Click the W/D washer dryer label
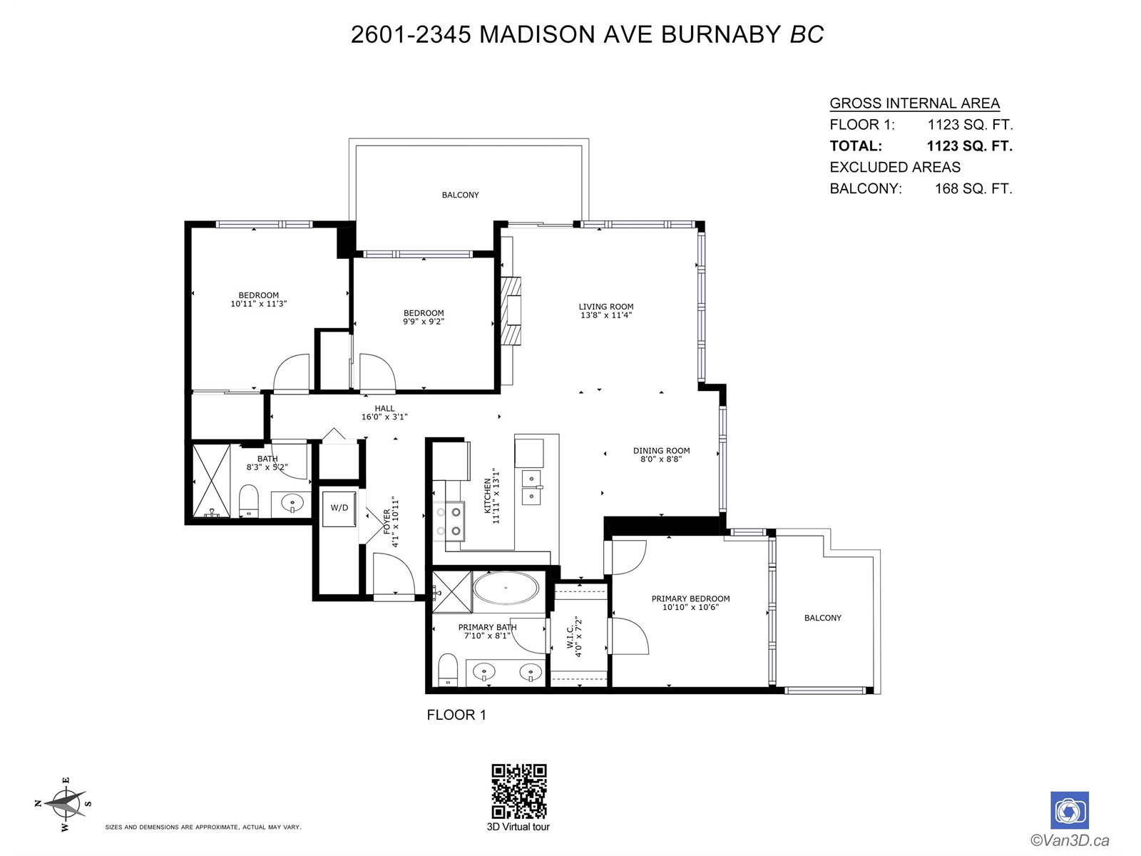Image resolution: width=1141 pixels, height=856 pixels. (339, 508)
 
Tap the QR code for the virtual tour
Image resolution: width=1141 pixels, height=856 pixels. (518, 792)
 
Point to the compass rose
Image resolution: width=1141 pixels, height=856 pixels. (65, 805)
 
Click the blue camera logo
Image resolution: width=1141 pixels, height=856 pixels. (1069, 810)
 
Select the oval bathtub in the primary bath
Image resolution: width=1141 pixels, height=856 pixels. (506, 588)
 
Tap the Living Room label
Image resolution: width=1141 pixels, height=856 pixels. (606, 307)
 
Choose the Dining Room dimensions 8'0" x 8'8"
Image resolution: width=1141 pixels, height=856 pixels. (660, 459)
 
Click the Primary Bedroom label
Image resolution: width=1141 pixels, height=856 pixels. (690, 598)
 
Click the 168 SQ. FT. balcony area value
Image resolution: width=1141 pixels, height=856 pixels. (973, 188)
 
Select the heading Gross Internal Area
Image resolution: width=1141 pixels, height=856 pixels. (914, 103)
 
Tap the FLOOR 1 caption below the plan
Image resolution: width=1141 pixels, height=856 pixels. (456, 715)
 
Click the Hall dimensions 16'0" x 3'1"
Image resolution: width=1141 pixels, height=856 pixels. (384, 417)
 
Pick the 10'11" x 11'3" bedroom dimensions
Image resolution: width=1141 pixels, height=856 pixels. (258, 304)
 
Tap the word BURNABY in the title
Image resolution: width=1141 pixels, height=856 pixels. (721, 34)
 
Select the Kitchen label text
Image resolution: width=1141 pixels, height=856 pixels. (487, 496)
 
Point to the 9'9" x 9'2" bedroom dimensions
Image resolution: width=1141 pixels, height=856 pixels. (424, 321)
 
